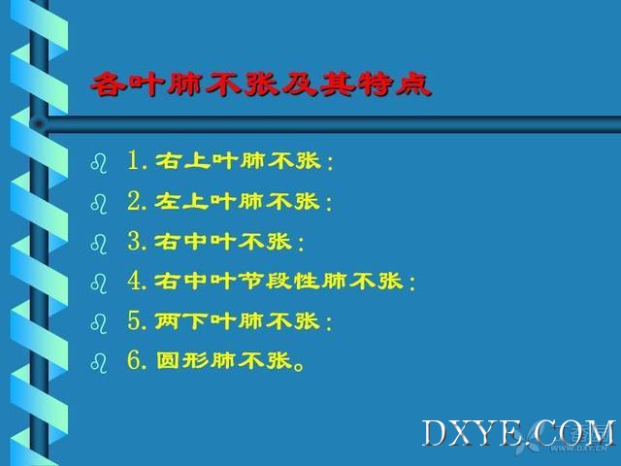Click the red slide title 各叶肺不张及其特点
(x=261, y=84)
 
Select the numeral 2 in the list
(x=134, y=201)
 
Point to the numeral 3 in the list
(x=134, y=241)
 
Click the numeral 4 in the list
(x=134, y=281)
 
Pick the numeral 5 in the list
(x=134, y=320)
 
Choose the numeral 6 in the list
(x=134, y=360)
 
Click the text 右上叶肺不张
(x=238, y=161)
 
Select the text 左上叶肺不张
(x=237, y=201)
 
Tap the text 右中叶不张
(x=223, y=241)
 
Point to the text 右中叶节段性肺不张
(x=278, y=281)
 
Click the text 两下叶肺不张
(x=237, y=320)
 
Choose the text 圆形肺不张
(x=224, y=360)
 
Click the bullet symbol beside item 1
(x=99, y=163)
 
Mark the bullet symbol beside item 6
(x=99, y=363)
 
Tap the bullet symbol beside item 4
(x=99, y=283)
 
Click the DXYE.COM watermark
(x=518, y=434)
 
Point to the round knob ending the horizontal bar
(x=39, y=123)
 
